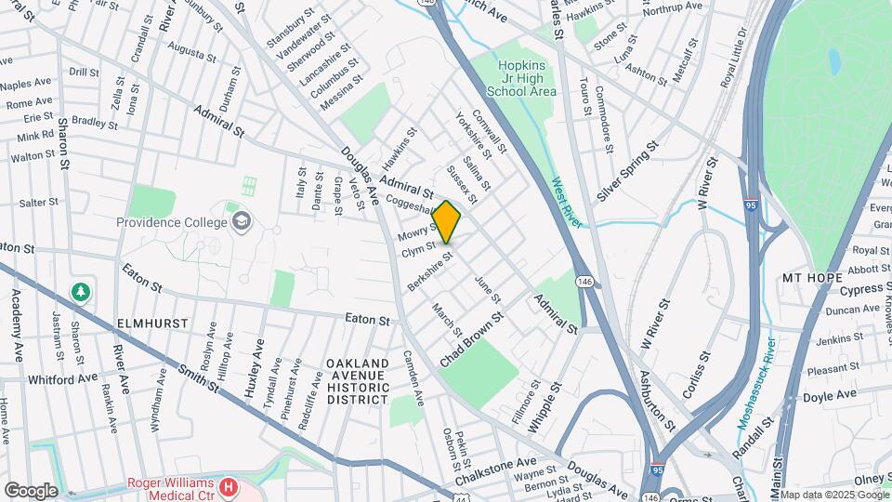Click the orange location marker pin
pyautogui.click(x=447, y=221)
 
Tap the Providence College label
pyautogui.click(x=172, y=222)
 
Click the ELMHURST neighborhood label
pyautogui.click(x=153, y=323)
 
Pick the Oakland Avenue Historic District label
pyautogui.click(x=357, y=380)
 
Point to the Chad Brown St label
pyautogui.click(x=473, y=338)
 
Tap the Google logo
pyautogui.click(x=31, y=491)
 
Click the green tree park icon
pyautogui.click(x=82, y=293)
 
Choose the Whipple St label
pyautogui.click(x=545, y=405)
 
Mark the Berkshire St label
pyautogui.click(x=430, y=271)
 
